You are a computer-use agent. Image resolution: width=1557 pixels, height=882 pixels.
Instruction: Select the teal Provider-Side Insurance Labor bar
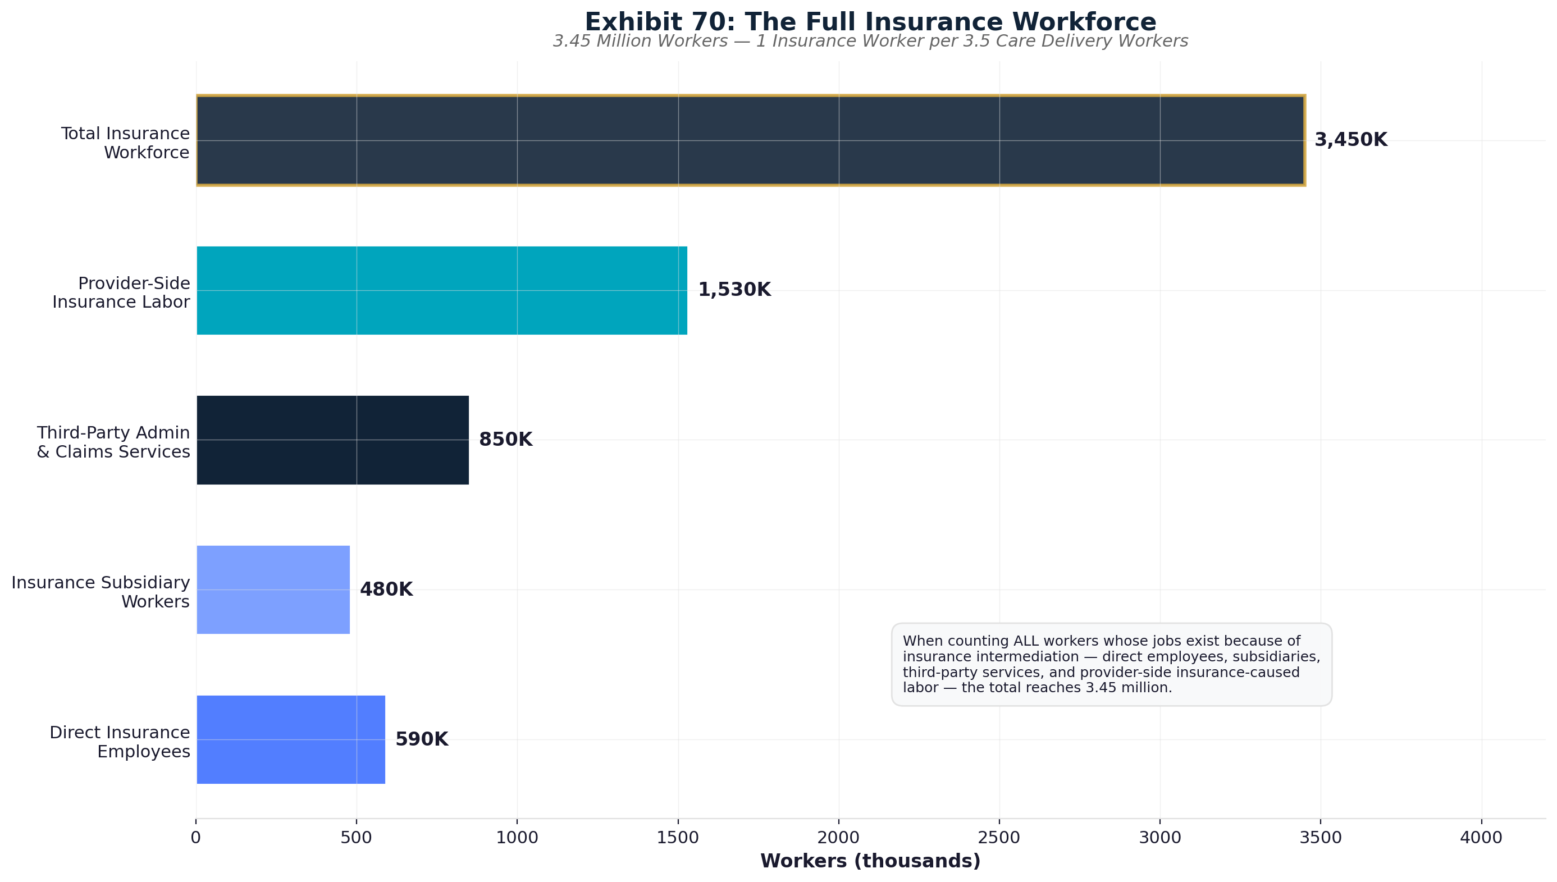pyautogui.click(x=442, y=290)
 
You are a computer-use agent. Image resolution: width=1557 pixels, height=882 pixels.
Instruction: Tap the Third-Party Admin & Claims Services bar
pyautogui.click(x=332, y=440)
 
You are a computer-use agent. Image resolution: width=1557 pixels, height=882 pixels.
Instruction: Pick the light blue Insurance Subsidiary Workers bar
pyautogui.click(x=273, y=589)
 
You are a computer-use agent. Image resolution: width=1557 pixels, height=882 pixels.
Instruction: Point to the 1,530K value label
pyautogui.click(x=734, y=290)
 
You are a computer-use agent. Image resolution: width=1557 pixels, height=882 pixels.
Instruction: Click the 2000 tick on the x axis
pyautogui.click(x=838, y=838)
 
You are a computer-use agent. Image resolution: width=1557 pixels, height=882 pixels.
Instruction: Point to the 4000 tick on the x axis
pyautogui.click(x=1481, y=838)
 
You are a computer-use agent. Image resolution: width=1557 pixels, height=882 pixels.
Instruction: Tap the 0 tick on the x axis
pyautogui.click(x=196, y=838)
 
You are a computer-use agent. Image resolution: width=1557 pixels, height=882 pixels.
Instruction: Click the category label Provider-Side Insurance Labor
pyautogui.click(x=121, y=293)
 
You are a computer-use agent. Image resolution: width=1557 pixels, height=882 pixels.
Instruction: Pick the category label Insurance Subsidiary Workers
pyautogui.click(x=101, y=592)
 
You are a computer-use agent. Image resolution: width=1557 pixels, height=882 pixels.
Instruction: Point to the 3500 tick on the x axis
pyautogui.click(x=1321, y=838)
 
